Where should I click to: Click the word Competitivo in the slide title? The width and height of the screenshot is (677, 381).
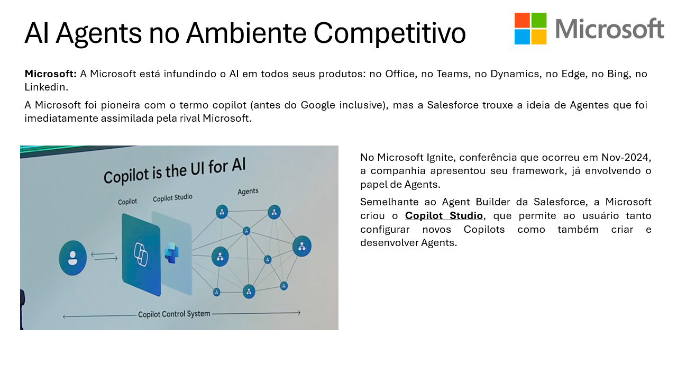390,33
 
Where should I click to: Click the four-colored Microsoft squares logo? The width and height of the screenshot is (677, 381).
530,29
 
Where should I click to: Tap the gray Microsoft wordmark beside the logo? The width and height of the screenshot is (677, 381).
610,29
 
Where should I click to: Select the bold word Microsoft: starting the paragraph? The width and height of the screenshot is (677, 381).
50,74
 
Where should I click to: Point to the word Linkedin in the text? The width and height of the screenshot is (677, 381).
46,87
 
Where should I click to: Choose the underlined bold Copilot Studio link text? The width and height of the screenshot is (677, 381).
444,215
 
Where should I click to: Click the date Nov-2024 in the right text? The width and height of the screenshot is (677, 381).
626,157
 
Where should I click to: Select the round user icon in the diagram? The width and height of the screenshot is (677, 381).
72,258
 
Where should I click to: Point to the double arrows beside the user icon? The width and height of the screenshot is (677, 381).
104,256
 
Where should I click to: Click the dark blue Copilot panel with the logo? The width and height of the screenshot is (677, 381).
141,255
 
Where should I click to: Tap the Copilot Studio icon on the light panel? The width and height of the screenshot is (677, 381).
172,253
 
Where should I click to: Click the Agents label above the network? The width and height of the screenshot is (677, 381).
248,192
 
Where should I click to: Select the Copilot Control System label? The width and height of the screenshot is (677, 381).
174,314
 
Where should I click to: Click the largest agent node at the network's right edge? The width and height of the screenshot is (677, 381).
301,246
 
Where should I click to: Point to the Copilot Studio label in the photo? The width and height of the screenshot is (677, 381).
172,198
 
